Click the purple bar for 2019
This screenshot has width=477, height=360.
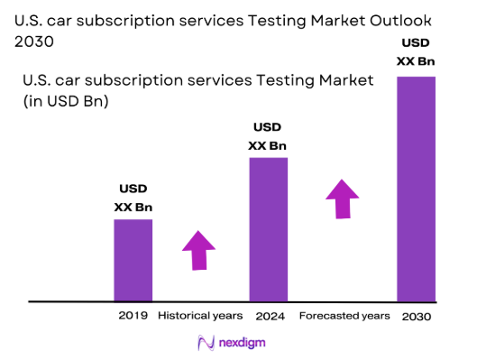click(133, 260)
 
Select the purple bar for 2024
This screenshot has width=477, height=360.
click(268, 229)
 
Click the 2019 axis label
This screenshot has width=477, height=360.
click(133, 316)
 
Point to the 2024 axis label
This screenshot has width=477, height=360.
click(268, 316)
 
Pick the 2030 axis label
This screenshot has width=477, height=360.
click(416, 317)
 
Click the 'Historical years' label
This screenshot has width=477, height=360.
click(200, 316)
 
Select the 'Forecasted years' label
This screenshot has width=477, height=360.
click(344, 316)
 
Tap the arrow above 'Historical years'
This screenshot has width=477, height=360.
click(198, 249)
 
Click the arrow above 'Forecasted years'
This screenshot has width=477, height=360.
click(342, 198)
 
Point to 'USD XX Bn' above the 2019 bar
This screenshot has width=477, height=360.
click(133, 198)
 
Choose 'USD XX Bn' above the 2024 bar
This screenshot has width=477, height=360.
click(268, 136)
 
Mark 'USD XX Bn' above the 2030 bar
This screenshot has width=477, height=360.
click(416, 52)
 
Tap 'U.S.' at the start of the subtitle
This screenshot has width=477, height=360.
click(37, 81)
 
